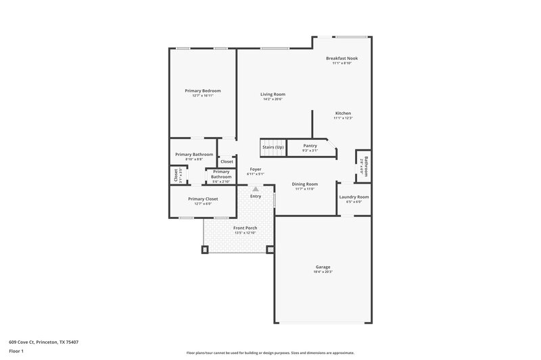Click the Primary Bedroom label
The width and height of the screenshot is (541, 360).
tap(203, 91)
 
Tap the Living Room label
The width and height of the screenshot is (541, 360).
tap(273, 95)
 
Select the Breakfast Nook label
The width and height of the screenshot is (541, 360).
tap(342, 59)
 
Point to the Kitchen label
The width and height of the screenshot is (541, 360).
tap(343, 113)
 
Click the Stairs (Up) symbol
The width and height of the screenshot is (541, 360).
tap(273, 147)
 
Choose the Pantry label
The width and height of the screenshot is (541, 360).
tap(310, 146)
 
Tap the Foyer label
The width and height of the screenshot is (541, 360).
tap(256, 169)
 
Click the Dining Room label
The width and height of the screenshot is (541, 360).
tap(306, 184)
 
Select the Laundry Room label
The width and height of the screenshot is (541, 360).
tap(354, 197)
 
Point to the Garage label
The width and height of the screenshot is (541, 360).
tap(323, 267)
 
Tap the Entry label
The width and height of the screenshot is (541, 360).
tap(256, 197)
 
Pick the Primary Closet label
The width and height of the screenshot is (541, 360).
tap(203, 199)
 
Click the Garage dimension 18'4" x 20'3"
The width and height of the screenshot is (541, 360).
tap(323, 272)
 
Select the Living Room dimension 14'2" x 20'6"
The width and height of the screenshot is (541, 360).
tap(273, 99)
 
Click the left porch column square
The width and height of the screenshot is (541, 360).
tap(205, 249)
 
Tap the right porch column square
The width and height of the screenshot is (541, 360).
tap(270, 249)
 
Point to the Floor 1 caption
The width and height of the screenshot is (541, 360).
tap(16, 352)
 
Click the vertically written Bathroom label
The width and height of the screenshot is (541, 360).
tap(366, 165)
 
